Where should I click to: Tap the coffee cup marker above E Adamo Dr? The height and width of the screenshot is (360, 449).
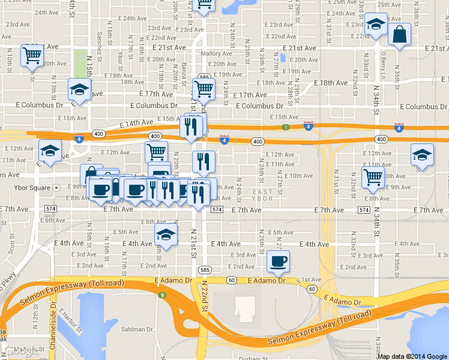click(x=278, y=261)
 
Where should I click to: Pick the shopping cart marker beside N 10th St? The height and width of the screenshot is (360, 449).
click(x=32, y=56)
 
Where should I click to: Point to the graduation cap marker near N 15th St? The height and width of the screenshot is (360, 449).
click(x=79, y=89)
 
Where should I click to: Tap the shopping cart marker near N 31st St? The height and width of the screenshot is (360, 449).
click(x=373, y=176)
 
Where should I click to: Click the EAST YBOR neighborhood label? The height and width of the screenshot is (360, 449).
click(x=262, y=194)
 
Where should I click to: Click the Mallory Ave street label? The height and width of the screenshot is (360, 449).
click(x=212, y=53)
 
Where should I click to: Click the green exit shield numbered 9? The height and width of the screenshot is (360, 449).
click(x=161, y=295)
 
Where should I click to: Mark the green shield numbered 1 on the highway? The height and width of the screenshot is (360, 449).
click(x=286, y=127)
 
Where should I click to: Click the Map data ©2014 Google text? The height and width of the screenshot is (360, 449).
click(x=412, y=356)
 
